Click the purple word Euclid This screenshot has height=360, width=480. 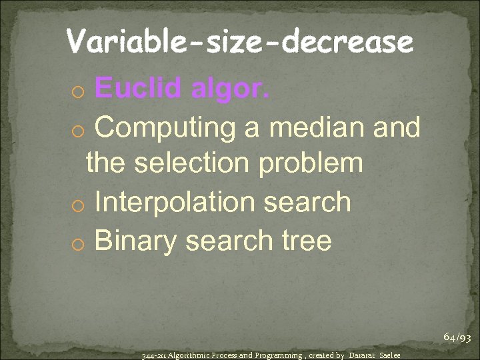point(137,87)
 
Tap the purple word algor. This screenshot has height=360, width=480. point(231,87)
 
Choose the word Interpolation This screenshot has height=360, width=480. point(175,201)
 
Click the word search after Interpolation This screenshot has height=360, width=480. point(308,201)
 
